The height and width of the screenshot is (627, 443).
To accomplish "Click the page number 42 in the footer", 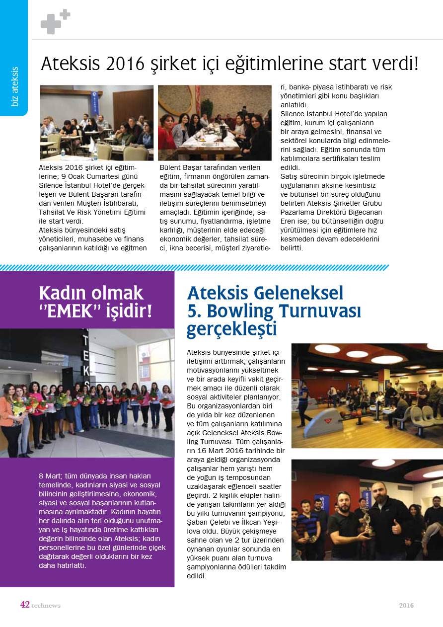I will click(25, 605).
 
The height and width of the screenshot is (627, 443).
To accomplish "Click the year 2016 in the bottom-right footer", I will click(406, 606).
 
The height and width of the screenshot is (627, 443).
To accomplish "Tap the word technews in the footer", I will click(46, 606).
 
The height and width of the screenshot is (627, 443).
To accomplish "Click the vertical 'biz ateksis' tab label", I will click(14, 86).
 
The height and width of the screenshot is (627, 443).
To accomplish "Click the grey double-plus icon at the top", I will click(55, 22).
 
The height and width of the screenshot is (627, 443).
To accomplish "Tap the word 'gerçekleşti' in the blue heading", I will click(231, 329).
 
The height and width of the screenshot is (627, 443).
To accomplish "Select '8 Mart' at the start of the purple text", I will click(50, 476).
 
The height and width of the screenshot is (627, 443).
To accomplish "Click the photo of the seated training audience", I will click(97, 123).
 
